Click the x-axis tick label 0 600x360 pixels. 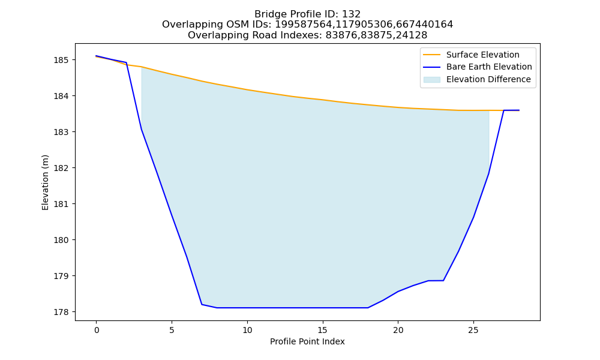[x=97, y=330]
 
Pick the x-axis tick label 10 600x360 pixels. [x=247, y=330]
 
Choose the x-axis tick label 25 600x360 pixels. [x=473, y=330]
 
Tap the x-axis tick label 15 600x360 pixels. [x=323, y=330]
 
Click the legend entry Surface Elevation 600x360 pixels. [x=482, y=55]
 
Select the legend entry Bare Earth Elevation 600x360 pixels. [x=489, y=67]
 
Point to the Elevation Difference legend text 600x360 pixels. [x=488, y=79]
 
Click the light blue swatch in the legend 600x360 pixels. [x=431, y=80]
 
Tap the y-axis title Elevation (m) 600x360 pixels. [x=45, y=182]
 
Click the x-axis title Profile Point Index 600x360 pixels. [x=307, y=341]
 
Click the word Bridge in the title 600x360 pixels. [x=268, y=14]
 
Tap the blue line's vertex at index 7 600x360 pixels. [x=202, y=305]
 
